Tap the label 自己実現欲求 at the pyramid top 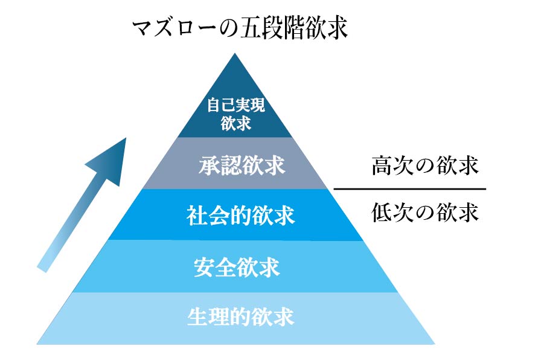[236, 114]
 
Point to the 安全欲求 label [237, 266]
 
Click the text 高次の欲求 [424, 166]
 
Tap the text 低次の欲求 [424, 213]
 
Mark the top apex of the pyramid [236, 54]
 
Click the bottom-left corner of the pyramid [38, 343]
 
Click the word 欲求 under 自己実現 [236, 124]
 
